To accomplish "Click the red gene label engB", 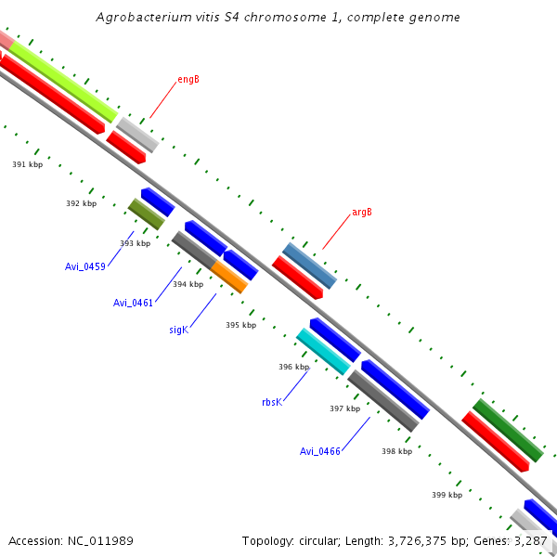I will click(188, 80).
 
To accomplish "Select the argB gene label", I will click(361, 212).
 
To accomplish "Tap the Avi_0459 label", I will click(85, 266).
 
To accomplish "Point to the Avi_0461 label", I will click(133, 303).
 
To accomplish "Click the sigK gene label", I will click(178, 330).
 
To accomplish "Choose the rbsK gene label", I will click(271, 403).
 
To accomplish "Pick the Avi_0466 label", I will click(320, 451).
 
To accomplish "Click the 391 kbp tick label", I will click(27, 164).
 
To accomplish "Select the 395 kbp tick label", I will click(240, 326).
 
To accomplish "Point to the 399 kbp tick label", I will click(447, 496).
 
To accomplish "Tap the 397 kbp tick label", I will click(344, 408).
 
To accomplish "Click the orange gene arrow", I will click(229, 277).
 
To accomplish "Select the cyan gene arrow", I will click(323, 352).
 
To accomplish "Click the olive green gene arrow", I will click(146, 214).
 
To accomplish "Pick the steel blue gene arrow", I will click(310, 266).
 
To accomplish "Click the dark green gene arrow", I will click(508, 431).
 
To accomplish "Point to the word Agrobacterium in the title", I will click(142, 18).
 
